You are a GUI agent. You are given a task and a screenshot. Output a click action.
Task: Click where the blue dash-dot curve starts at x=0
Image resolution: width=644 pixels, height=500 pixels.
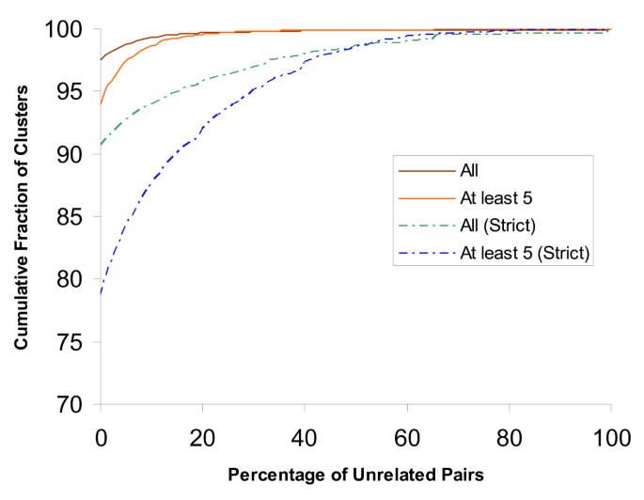coord(101,293)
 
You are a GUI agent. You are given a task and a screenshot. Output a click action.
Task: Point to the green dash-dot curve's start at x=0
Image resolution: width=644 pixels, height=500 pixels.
coord(101,146)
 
